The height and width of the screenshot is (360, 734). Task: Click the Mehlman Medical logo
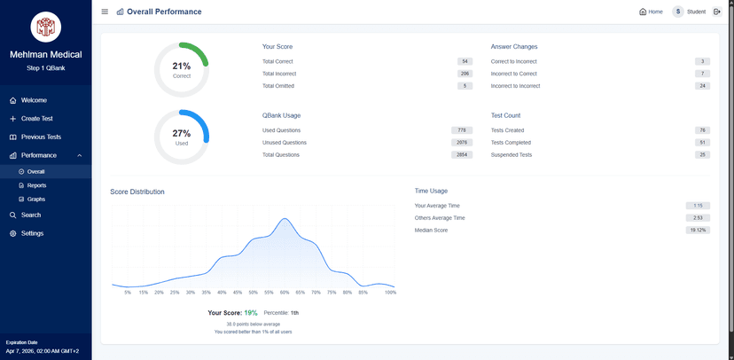point(45,27)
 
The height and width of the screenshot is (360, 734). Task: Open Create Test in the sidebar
point(36,119)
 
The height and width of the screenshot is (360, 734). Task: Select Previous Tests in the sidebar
point(41,137)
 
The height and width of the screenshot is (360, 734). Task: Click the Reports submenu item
point(36,185)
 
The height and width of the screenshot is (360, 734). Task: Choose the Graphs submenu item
point(35,200)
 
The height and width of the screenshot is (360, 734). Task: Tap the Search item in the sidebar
point(30,215)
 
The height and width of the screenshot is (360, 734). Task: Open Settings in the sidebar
point(32,233)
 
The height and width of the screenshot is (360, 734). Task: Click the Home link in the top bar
point(651,12)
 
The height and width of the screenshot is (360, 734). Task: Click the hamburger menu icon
point(105,12)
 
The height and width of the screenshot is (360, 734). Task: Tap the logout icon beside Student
point(717,12)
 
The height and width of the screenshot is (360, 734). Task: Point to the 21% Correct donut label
point(182,69)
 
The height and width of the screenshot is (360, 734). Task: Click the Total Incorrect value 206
point(465,74)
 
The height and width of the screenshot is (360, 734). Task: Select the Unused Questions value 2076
point(461,143)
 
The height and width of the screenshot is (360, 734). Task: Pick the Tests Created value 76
point(701,130)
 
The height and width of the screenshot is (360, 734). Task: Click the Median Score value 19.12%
point(698,231)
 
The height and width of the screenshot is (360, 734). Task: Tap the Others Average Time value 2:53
point(698,218)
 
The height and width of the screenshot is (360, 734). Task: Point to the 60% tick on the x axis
point(285,292)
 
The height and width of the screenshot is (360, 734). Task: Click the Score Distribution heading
point(137,192)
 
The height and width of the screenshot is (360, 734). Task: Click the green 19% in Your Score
point(251,313)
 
